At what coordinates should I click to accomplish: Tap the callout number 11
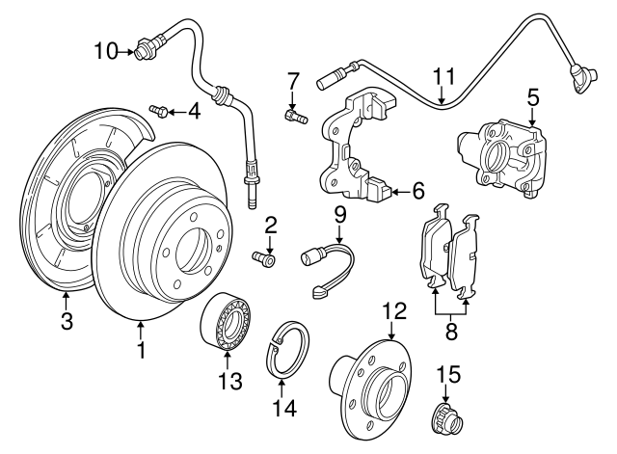(x=443, y=76)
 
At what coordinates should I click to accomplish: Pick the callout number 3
(x=66, y=322)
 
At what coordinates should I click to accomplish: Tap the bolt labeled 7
(x=294, y=117)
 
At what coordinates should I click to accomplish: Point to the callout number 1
(x=142, y=351)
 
